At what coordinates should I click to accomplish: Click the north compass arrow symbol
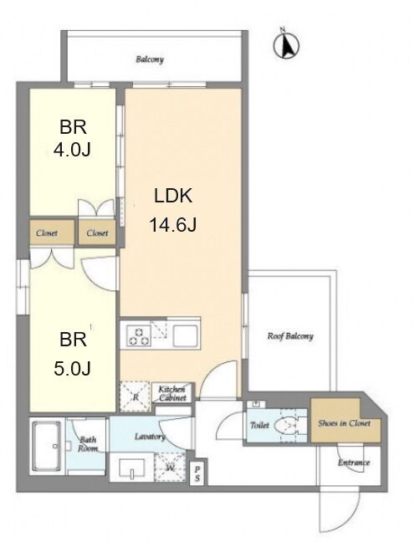pyautogui.click(x=286, y=44)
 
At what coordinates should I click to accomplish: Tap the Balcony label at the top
pyautogui.click(x=150, y=59)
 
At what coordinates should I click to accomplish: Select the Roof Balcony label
pyautogui.click(x=290, y=336)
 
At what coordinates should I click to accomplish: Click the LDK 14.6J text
pyautogui.click(x=173, y=211)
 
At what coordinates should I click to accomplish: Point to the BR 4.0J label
pyautogui.click(x=73, y=138)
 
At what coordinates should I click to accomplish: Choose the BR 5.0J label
pyautogui.click(x=73, y=354)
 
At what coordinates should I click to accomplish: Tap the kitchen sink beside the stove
pyautogui.click(x=185, y=336)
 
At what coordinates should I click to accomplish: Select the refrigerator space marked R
pyautogui.click(x=135, y=396)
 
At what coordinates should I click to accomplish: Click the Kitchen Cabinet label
pyautogui.click(x=172, y=393)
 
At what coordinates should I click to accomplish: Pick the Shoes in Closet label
pyautogui.click(x=345, y=423)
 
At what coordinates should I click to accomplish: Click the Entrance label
pyautogui.click(x=354, y=463)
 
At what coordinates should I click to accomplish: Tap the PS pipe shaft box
pyautogui.click(x=197, y=474)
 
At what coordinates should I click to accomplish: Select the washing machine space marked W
pyautogui.click(x=170, y=468)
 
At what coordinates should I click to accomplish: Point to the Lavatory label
pyautogui.click(x=150, y=437)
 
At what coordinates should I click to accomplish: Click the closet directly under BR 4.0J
pyautogui.click(x=97, y=233)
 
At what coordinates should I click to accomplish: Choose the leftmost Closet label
pyautogui.click(x=47, y=233)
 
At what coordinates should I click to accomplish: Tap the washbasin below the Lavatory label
pyautogui.click(x=131, y=468)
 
